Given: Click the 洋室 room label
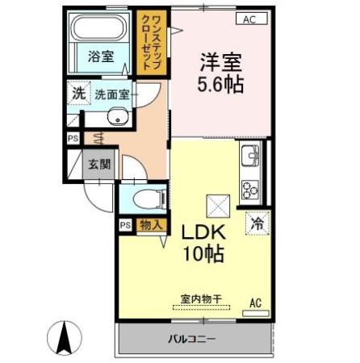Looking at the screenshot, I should pyautogui.click(x=219, y=60).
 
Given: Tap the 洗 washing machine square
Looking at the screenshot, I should pyautogui.click(x=78, y=93).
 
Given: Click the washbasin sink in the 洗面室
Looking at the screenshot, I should pyautogui.click(x=113, y=120).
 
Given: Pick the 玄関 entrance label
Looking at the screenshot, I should pyautogui.click(x=100, y=165).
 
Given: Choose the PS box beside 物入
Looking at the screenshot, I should pyautogui.click(x=125, y=225).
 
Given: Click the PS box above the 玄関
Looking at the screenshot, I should pyautogui.click(x=73, y=138).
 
